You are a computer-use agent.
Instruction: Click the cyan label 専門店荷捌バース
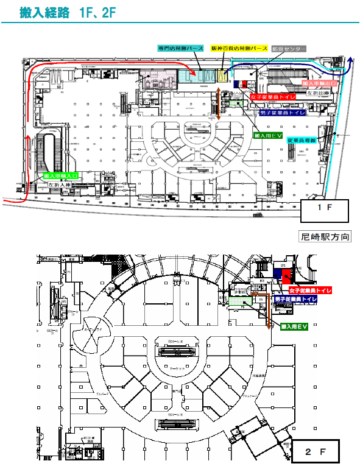180,48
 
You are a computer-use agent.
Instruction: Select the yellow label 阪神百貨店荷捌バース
239,48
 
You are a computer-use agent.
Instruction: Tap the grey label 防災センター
289,48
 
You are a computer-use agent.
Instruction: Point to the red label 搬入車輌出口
319,82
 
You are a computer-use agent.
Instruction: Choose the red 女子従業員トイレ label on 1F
273,97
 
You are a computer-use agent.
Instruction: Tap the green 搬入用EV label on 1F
267,135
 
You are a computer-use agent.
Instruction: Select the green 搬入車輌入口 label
62,175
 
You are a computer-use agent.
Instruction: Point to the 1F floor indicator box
326,210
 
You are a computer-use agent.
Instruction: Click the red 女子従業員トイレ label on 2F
310,291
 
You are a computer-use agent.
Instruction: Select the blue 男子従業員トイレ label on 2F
296,300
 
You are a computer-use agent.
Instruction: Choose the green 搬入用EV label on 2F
294,327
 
